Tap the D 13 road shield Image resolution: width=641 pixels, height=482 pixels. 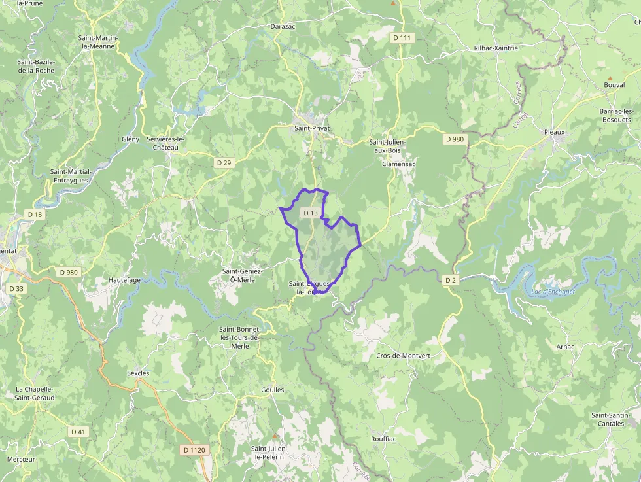click(x=311, y=213)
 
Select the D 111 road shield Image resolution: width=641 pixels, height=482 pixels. click(x=403, y=38)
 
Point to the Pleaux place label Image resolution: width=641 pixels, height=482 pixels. click(x=554, y=132)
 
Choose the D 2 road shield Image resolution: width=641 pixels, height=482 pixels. click(x=450, y=280)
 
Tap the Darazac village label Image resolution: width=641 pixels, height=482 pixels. click(x=283, y=27)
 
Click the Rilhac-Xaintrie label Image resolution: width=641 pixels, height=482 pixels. click(x=495, y=48)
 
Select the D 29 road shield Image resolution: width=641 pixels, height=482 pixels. click(x=224, y=162)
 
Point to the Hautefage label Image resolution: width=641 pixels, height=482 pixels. click(x=124, y=279)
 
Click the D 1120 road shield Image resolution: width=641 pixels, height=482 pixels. click(x=194, y=450)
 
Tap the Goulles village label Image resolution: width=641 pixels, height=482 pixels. click(x=272, y=390)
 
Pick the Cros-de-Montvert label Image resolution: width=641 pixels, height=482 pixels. click(x=403, y=356)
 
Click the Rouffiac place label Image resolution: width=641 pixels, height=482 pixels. click(x=383, y=439)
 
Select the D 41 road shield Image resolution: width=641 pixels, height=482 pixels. click(x=78, y=432)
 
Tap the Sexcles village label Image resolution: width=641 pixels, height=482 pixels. click(x=138, y=373)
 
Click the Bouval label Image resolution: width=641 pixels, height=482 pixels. click(x=614, y=85)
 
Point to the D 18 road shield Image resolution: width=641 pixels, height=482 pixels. click(x=35, y=214)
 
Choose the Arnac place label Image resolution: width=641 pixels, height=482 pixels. click(x=565, y=347)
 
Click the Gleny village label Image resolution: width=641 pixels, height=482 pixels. click(x=131, y=139)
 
